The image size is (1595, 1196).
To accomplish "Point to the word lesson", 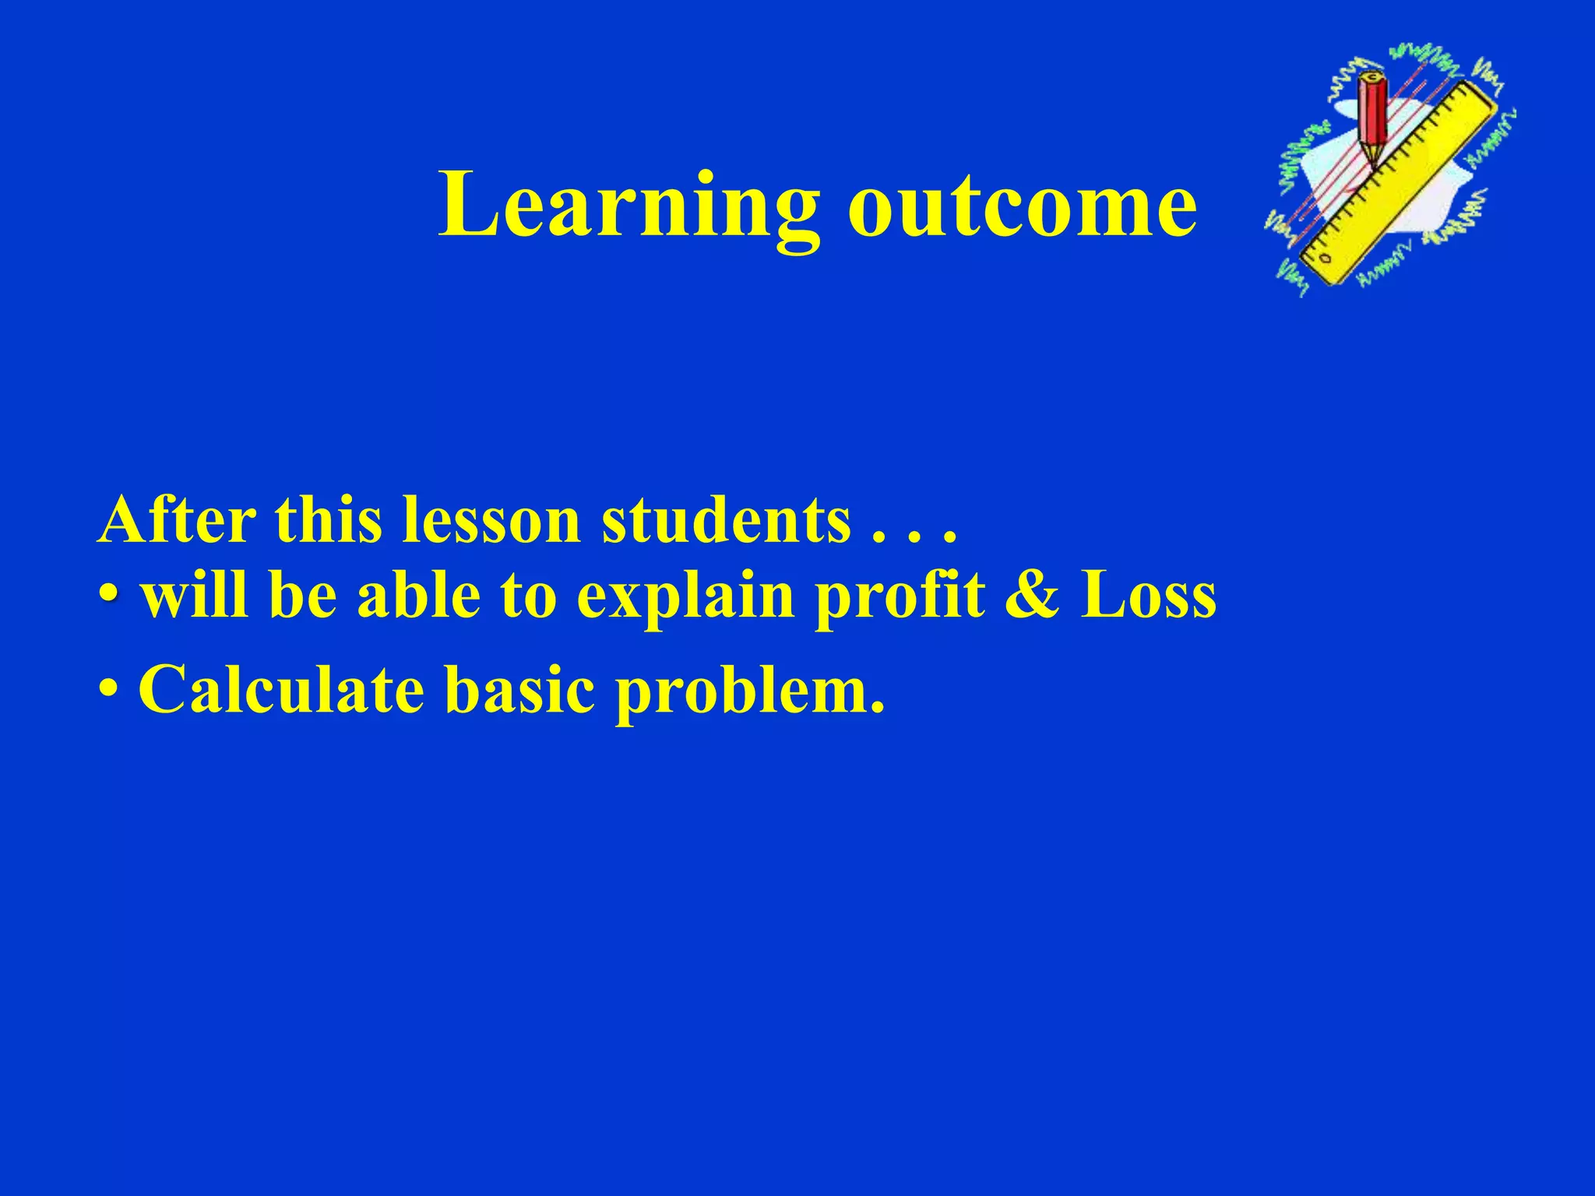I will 491,520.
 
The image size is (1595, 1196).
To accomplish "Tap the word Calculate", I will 281,690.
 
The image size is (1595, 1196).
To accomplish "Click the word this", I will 328,520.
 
